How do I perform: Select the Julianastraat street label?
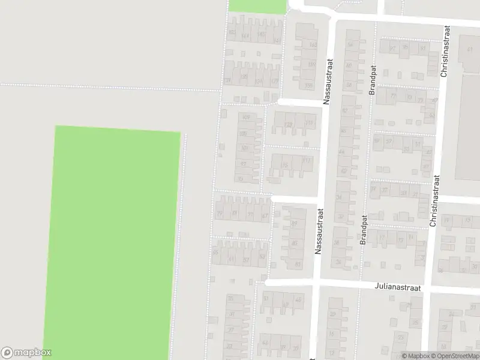pyautogui.click(x=397, y=288)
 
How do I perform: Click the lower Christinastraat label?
pyautogui.click(x=434, y=200)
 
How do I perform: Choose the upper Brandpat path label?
pyautogui.click(x=372, y=80)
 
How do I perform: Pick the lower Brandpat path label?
pyautogui.click(x=364, y=230)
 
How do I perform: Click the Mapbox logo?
pyautogui.click(x=26, y=353)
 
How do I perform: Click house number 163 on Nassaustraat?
pyautogui.click(x=312, y=45)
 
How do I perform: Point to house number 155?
pyautogui.click(x=310, y=85)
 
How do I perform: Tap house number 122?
pyautogui.click(x=289, y=124)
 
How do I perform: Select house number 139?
pyautogui.click(x=227, y=80)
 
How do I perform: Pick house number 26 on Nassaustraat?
pyautogui.click(x=338, y=262)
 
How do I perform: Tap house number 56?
pyautogui.click(x=349, y=45)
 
